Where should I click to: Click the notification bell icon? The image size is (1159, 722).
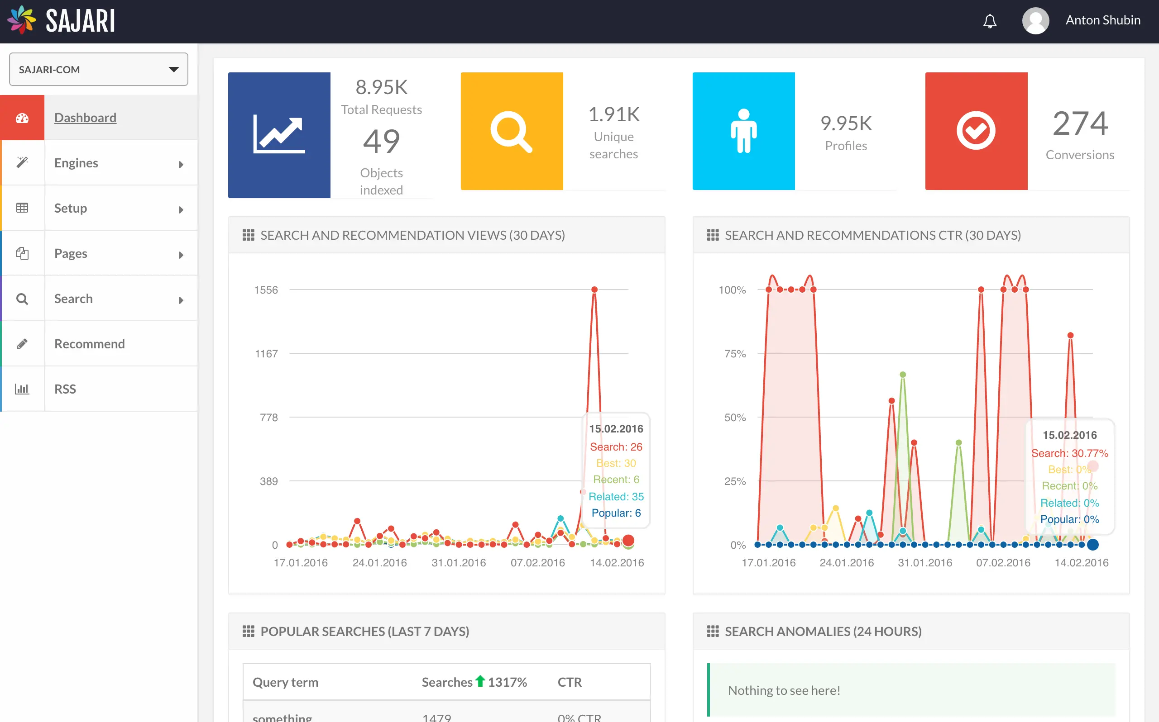point(989,21)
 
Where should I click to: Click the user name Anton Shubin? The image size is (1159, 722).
point(1102,20)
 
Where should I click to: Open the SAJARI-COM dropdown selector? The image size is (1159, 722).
point(98,70)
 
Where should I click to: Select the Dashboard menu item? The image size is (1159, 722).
point(85,118)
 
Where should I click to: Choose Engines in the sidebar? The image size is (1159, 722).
point(77,163)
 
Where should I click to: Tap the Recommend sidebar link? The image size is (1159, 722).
point(89,344)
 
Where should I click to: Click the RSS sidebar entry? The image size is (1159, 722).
point(65,389)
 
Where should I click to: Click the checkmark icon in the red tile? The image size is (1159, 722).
point(976,131)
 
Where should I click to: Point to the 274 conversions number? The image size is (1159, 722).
point(1080,123)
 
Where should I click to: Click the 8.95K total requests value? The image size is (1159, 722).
point(381,87)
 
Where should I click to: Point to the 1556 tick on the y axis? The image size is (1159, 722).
point(266,290)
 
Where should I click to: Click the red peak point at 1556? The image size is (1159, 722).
point(594,290)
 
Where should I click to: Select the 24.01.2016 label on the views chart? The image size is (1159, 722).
point(379,562)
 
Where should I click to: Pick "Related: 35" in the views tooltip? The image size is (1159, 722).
point(616,497)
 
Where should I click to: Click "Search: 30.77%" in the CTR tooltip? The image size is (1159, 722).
point(1069,453)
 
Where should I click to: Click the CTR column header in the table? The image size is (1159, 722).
point(570,682)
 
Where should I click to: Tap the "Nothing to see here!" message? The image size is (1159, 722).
point(784,690)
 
